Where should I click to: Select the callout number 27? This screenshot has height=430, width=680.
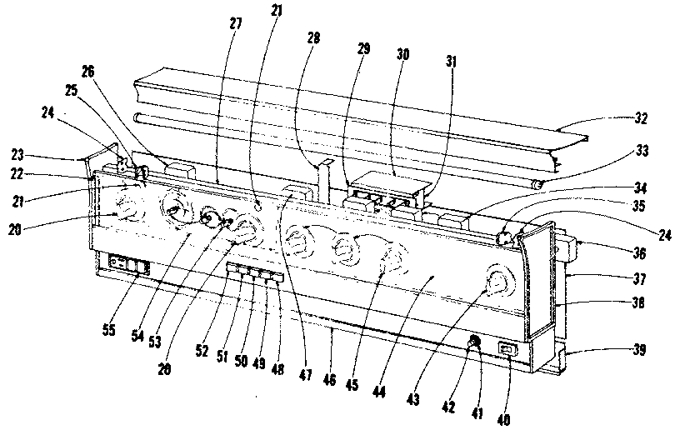click(235, 22)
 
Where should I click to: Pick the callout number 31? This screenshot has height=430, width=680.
click(452, 62)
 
